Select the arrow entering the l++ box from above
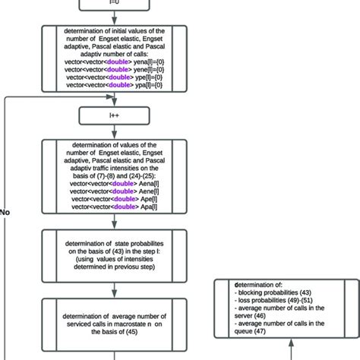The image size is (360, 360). pyautogui.click(x=113, y=99)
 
